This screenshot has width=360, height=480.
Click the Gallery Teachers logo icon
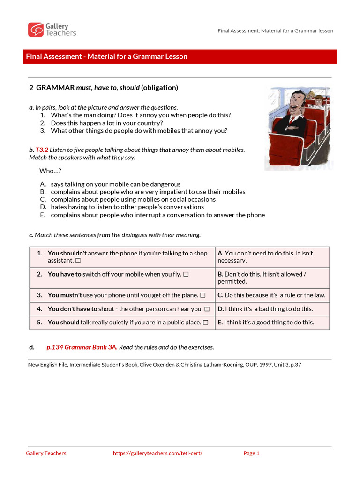(35, 30)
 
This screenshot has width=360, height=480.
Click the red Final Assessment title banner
(180, 57)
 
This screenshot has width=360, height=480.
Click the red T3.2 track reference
(42, 150)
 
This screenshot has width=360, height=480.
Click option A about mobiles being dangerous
(115, 184)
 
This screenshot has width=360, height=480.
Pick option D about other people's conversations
(127, 207)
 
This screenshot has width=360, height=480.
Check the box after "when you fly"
(186, 274)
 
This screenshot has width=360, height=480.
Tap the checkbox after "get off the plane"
(202, 295)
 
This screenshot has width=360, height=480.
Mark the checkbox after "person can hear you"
(207, 309)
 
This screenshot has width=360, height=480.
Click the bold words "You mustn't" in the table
(65, 295)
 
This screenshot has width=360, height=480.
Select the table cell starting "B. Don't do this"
(272, 277)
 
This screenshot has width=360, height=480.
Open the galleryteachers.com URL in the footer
(157, 453)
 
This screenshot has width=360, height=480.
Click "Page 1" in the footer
(251, 453)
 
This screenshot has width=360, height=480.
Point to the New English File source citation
(165, 364)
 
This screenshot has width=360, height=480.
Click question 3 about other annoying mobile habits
(139, 131)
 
